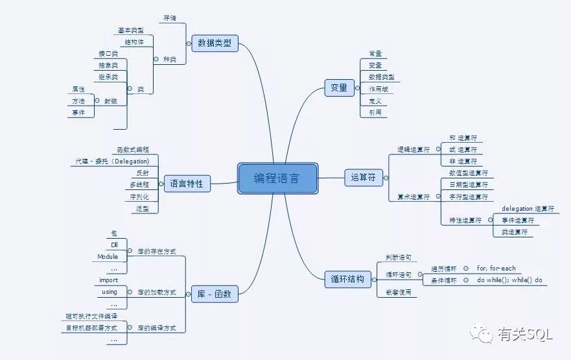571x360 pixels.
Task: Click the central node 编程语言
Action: (x=277, y=178)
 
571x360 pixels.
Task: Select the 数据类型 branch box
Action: (x=215, y=44)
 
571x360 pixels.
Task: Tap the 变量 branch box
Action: (x=339, y=88)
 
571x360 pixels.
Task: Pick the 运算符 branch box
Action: (x=364, y=177)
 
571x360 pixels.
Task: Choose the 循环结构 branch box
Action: (x=351, y=280)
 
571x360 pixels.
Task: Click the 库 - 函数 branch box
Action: (x=215, y=293)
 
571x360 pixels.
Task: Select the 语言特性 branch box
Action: (x=187, y=184)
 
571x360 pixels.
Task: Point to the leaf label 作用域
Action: (x=379, y=89)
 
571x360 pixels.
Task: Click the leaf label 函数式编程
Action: (x=133, y=149)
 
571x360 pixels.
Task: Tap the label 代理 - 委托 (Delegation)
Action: (x=113, y=161)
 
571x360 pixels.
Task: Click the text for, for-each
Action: (x=496, y=269)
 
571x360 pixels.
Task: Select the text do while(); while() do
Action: (x=509, y=280)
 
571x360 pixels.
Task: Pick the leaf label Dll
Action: (x=114, y=245)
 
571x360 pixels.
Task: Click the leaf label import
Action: (x=109, y=280)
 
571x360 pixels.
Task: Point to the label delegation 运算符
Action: (x=528, y=209)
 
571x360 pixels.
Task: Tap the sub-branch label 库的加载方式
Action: (x=157, y=293)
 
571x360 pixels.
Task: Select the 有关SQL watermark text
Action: (x=525, y=335)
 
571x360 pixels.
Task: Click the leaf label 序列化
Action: (x=139, y=197)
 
